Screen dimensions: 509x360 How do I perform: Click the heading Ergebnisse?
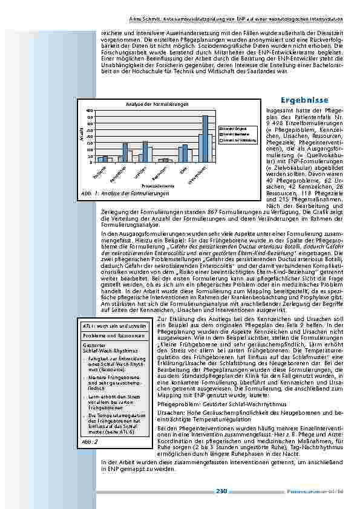[x=305, y=100]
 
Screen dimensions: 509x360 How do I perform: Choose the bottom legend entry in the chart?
[x=237, y=139]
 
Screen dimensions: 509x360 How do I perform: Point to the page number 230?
[x=221, y=491]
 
